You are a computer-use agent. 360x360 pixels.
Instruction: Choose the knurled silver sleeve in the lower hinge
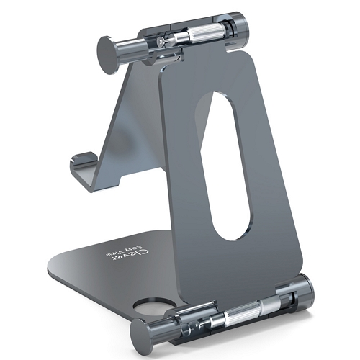pyautogui.click(x=243, y=312)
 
